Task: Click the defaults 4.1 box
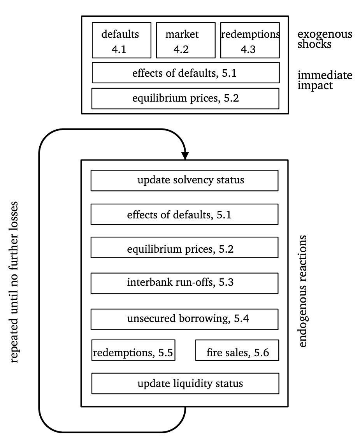point(121,40)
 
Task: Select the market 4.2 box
point(186,40)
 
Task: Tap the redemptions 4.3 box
point(250,40)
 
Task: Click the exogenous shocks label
point(325,39)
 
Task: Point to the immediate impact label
point(325,80)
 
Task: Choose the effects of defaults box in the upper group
point(186,73)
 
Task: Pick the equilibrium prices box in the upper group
point(185,98)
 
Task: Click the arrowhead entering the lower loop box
point(185,156)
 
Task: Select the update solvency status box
point(184,181)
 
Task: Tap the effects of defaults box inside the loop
point(184,214)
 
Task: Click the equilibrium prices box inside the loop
point(184,248)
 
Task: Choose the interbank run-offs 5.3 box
point(184,283)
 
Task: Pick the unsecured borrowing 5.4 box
point(184,319)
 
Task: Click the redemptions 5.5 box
point(133,350)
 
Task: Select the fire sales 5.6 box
point(237,350)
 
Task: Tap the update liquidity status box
point(185,383)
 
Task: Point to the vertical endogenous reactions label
point(303,291)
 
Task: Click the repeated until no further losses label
point(14,282)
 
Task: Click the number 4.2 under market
point(181,49)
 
